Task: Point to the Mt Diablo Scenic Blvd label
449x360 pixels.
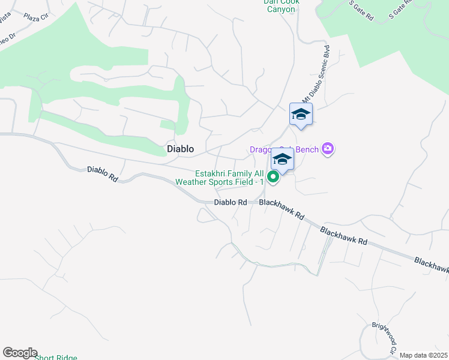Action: tap(316, 73)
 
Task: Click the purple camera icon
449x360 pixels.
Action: tap(328, 148)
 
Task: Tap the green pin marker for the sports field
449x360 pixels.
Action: tap(273, 176)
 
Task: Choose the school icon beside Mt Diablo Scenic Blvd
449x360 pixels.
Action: tap(301, 114)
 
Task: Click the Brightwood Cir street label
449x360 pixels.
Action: tap(385, 337)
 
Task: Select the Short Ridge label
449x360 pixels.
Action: tap(56, 358)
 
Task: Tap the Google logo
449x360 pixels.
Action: tap(19, 353)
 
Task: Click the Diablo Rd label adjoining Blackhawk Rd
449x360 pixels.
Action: tap(231, 203)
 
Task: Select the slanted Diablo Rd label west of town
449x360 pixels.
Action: tap(101, 174)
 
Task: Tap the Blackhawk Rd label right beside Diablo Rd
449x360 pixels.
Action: tap(282, 211)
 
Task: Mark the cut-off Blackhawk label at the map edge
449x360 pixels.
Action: tap(431, 266)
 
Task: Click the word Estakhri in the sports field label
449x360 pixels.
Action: tap(210, 173)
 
